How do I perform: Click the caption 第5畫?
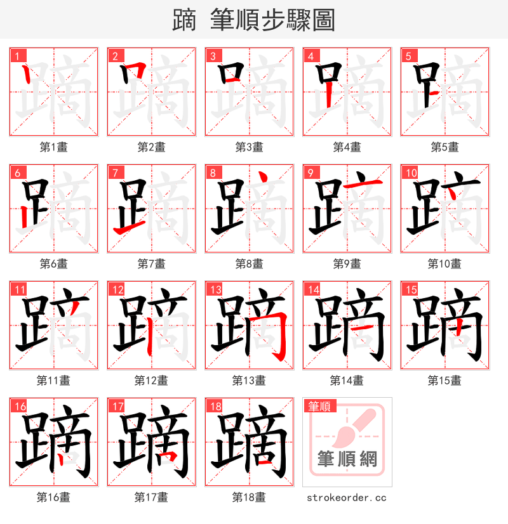pos(444,147)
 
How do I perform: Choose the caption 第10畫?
pos(444,264)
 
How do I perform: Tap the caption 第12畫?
pos(151,381)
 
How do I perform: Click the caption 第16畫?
pos(53,497)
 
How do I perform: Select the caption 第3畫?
pos(249,147)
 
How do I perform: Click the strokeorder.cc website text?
pos(347,498)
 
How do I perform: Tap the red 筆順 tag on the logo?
pos(319,407)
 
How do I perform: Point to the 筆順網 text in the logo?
pos(347,458)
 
